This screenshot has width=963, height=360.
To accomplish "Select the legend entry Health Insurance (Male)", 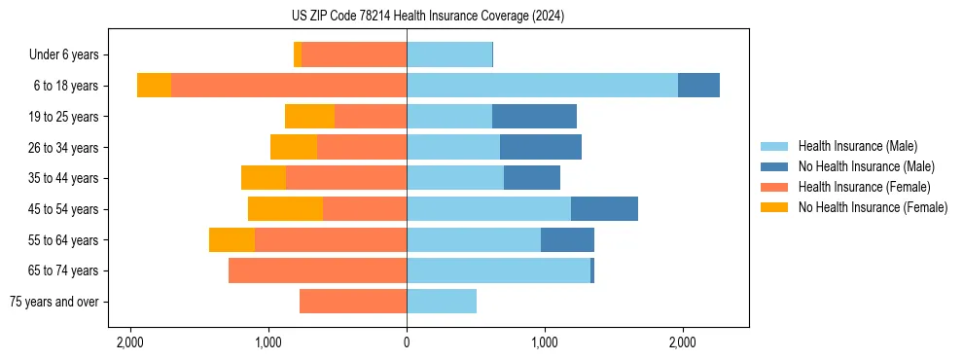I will pyautogui.click(x=857, y=146).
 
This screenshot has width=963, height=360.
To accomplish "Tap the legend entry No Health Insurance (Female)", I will pyautogui.click(x=873, y=207).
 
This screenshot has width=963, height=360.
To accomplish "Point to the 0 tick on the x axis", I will pyautogui.click(x=407, y=342).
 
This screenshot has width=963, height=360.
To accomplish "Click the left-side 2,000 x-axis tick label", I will pyautogui.click(x=130, y=342).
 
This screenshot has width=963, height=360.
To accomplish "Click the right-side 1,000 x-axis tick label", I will pyautogui.click(x=545, y=342).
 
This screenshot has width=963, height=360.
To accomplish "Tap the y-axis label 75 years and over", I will pyautogui.click(x=54, y=302).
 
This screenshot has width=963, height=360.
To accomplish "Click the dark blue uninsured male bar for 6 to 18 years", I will pyautogui.click(x=698, y=86).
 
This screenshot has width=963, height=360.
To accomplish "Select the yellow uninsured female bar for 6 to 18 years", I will pyautogui.click(x=154, y=86).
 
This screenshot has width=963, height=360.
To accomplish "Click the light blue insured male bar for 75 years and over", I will pyautogui.click(x=442, y=302).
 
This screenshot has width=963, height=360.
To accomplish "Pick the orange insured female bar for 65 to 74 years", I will pyautogui.click(x=317, y=270).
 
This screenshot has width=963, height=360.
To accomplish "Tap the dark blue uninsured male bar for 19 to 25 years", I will pyautogui.click(x=534, y=117).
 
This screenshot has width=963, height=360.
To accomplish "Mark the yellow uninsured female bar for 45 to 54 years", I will pyautogui.click(x=285, y=209).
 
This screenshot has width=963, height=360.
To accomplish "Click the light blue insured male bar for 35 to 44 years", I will pyautogui.click(x=455, y=178).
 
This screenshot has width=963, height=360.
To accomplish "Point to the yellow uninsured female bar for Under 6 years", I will pyautogui.click(x=298, y=55).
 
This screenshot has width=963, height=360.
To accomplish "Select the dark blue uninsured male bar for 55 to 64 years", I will pyautogui.click(x=567, y=240).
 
